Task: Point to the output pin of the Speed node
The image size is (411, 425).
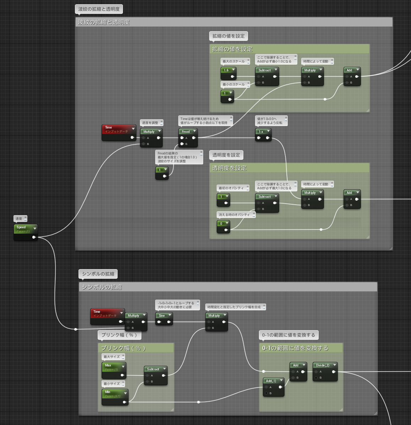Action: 34,237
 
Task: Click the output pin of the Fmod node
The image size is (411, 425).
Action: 194,138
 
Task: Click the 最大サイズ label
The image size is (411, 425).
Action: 112,357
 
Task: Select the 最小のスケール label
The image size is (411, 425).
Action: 234,85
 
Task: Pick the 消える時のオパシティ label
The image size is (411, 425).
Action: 234,215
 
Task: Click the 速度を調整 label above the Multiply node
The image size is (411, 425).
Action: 150,123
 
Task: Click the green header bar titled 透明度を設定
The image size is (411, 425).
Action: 290,168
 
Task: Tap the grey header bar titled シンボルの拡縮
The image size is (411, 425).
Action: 228,287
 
